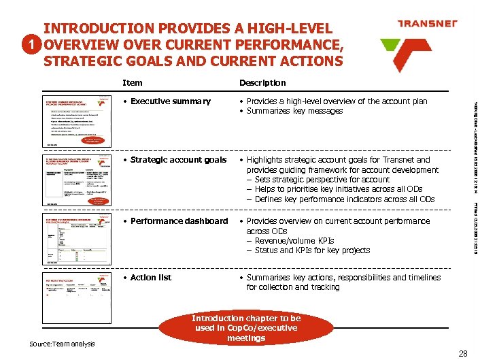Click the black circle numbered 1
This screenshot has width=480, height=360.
coord(27,45)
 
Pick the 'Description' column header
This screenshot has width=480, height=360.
coord(262,82)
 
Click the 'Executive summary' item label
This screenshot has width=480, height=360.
coord(167,101)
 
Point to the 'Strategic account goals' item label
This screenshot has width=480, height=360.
coord(174,160)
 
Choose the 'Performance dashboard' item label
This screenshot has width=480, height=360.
coord(175,221)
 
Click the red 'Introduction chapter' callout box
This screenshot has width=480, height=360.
coord(245,328)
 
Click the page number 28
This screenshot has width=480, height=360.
coord(463,353)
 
